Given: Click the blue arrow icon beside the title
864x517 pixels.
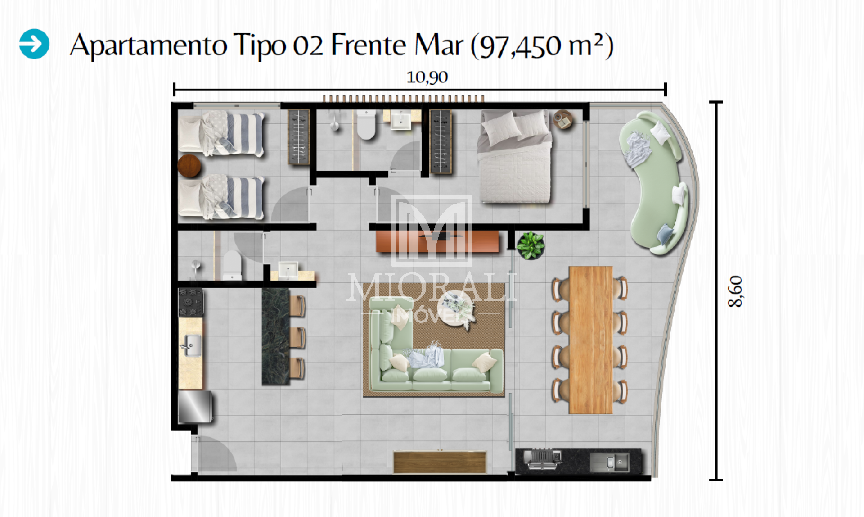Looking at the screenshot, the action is (x=34, y=44).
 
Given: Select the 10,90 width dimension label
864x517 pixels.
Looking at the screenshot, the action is (x=427, y=77).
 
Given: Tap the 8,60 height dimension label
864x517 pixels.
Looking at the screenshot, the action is (x=735, y=291).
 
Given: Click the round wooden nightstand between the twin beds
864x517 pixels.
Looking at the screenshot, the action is (x=189, y=166).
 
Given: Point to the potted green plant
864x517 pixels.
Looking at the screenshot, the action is (x=531, y=246).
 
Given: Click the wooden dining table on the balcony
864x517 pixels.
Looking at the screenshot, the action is (x=590, y=340).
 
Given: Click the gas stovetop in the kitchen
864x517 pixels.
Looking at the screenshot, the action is (x=191, y=303).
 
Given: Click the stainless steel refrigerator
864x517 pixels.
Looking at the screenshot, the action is (x=195, y=407).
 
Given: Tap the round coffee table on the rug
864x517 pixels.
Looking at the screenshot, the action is (x=455, y=306).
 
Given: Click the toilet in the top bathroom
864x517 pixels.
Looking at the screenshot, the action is (x=366, y=124).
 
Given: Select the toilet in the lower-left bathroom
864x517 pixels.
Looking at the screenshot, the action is (x=232, y=266).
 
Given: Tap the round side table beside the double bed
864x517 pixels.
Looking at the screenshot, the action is (x=562, y=119).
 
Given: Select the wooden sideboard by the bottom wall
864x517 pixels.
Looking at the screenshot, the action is (x=440, y=462).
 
